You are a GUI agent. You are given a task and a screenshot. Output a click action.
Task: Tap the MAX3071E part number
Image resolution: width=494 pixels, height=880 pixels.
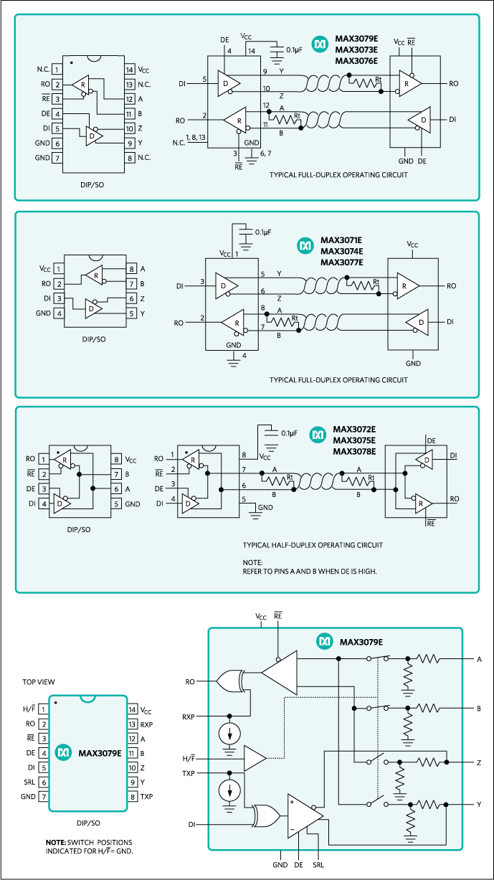(341, 240)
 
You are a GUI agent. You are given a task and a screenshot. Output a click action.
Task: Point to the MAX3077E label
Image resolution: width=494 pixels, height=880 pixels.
(341, 262)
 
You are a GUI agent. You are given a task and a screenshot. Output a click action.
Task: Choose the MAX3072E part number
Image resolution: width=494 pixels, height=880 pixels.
(353, 430)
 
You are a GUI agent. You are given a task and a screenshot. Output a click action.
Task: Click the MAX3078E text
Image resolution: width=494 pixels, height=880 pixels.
(353, 451)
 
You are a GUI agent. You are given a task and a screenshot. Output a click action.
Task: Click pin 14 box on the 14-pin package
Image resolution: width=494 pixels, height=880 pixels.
(129, 70)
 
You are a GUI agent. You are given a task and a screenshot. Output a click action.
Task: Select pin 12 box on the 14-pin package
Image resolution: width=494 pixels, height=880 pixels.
(129, 99)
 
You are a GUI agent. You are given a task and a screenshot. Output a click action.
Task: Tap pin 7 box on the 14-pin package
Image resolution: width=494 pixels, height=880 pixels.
(57, 157)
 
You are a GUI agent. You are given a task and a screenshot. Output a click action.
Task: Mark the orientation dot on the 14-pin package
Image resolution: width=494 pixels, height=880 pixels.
(72, 63)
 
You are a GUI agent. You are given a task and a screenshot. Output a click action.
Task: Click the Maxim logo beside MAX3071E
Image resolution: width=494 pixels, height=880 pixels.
(305, 246)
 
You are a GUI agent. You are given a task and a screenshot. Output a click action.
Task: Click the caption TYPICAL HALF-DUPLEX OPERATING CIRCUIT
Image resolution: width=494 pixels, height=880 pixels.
(313, 545)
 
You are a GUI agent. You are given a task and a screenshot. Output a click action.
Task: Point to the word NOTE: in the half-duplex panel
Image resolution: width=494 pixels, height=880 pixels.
(253, 562)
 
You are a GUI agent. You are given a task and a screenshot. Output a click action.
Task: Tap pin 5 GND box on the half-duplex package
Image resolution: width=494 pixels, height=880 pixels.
(115, 504)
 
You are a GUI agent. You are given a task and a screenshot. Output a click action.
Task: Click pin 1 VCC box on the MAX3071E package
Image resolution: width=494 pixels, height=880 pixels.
(57, 269)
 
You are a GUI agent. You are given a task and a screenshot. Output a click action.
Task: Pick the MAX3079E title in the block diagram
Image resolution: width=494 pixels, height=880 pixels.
(361, 641)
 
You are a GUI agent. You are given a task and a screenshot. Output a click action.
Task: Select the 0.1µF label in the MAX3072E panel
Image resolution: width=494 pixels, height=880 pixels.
(290, 433)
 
